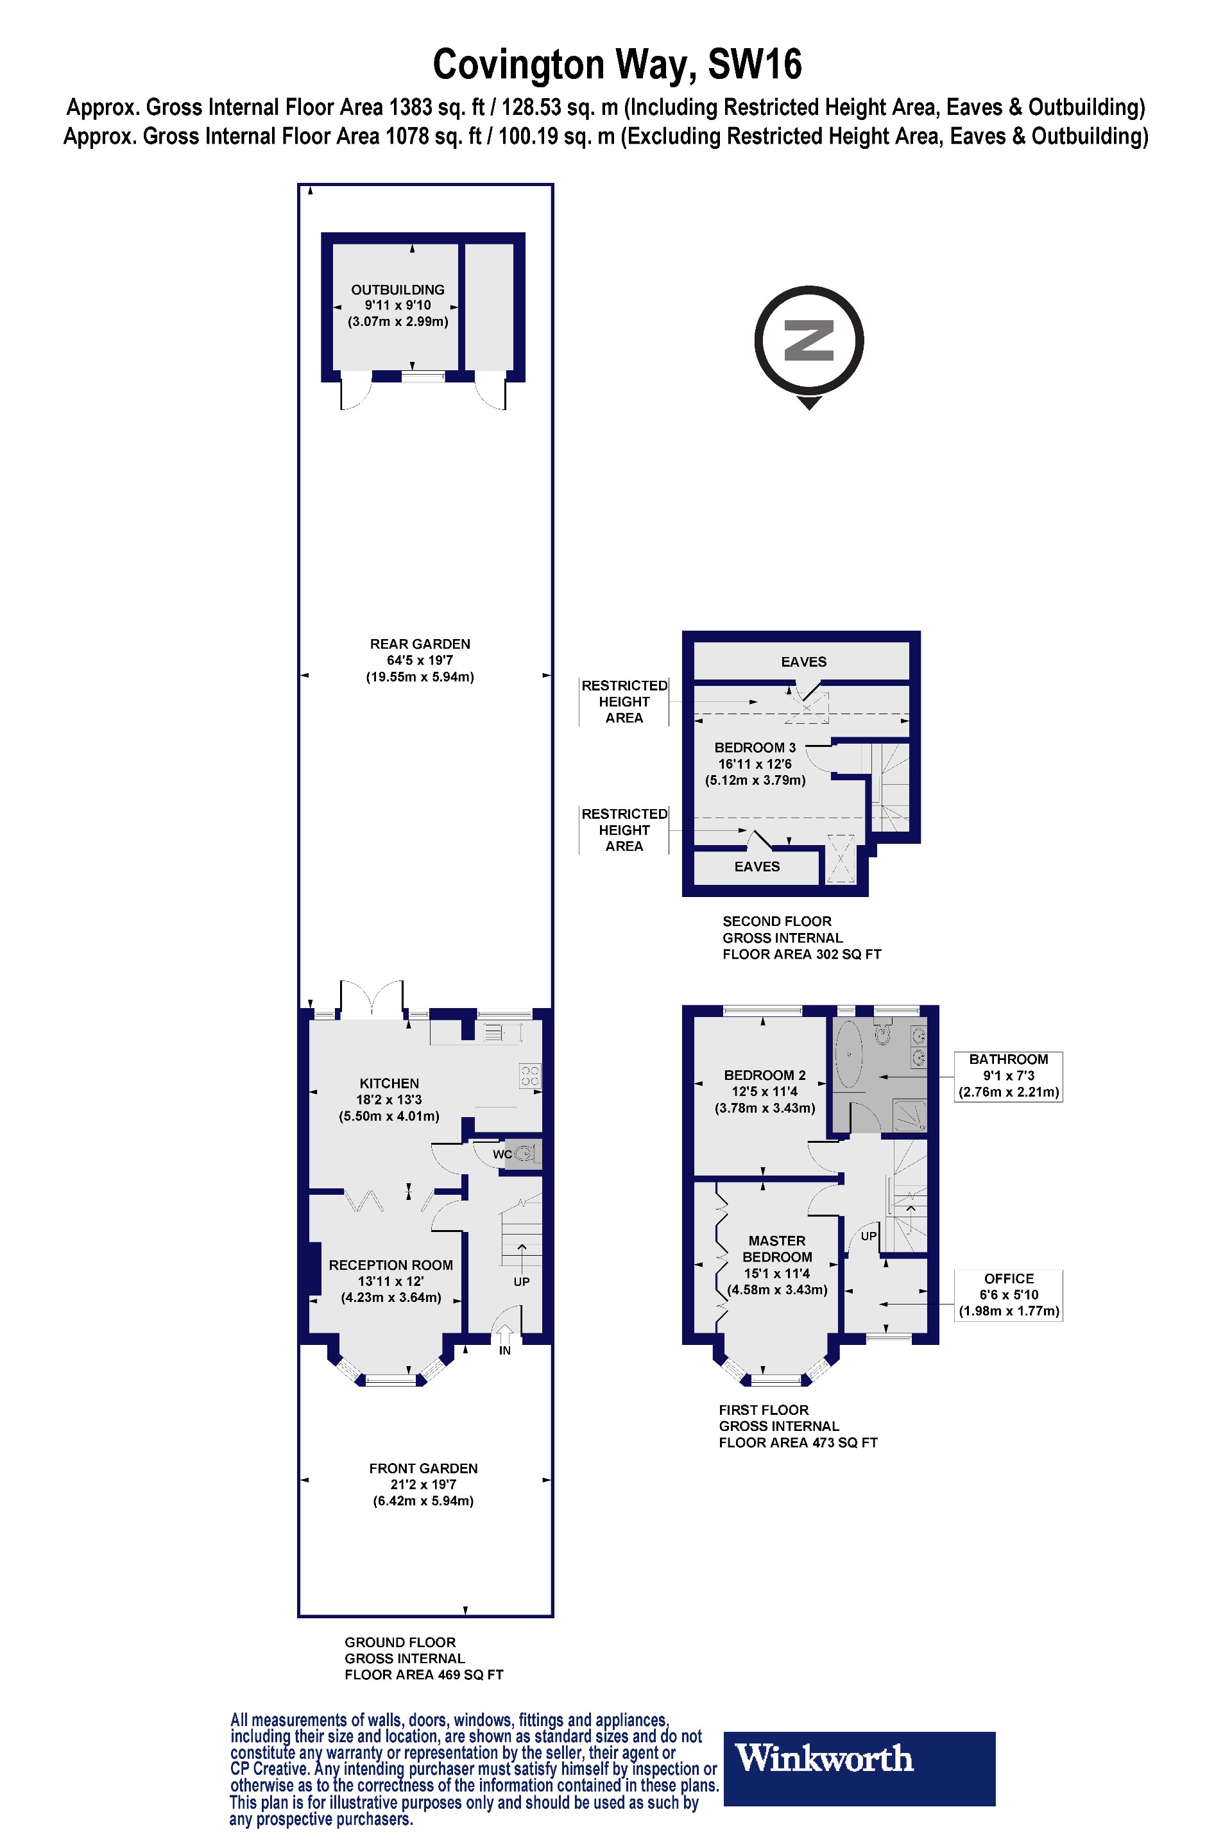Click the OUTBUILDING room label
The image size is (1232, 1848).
click(x=398, y=290)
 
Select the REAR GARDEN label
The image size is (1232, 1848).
click(x=420, y=644)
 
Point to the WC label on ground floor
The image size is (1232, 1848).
click(x=502, y=1154)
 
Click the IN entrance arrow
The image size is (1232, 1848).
click(x=504, y=1335)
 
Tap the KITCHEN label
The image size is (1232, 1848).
click(x=389, y=1084)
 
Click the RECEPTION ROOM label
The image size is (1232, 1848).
click(x=391, y=1265)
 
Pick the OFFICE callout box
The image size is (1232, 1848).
click(x=1008, y=1294)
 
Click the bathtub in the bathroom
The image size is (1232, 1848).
click(x=848, y=1054)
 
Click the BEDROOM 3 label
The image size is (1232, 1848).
click(x=755, y=748)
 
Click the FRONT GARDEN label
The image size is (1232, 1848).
click(x=423, y=1469)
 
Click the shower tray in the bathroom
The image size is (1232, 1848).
click(x=910, y=1116)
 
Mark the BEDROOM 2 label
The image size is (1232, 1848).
click(x=764, y=1075)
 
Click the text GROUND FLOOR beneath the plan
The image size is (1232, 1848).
click(x=400, y=1642)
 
